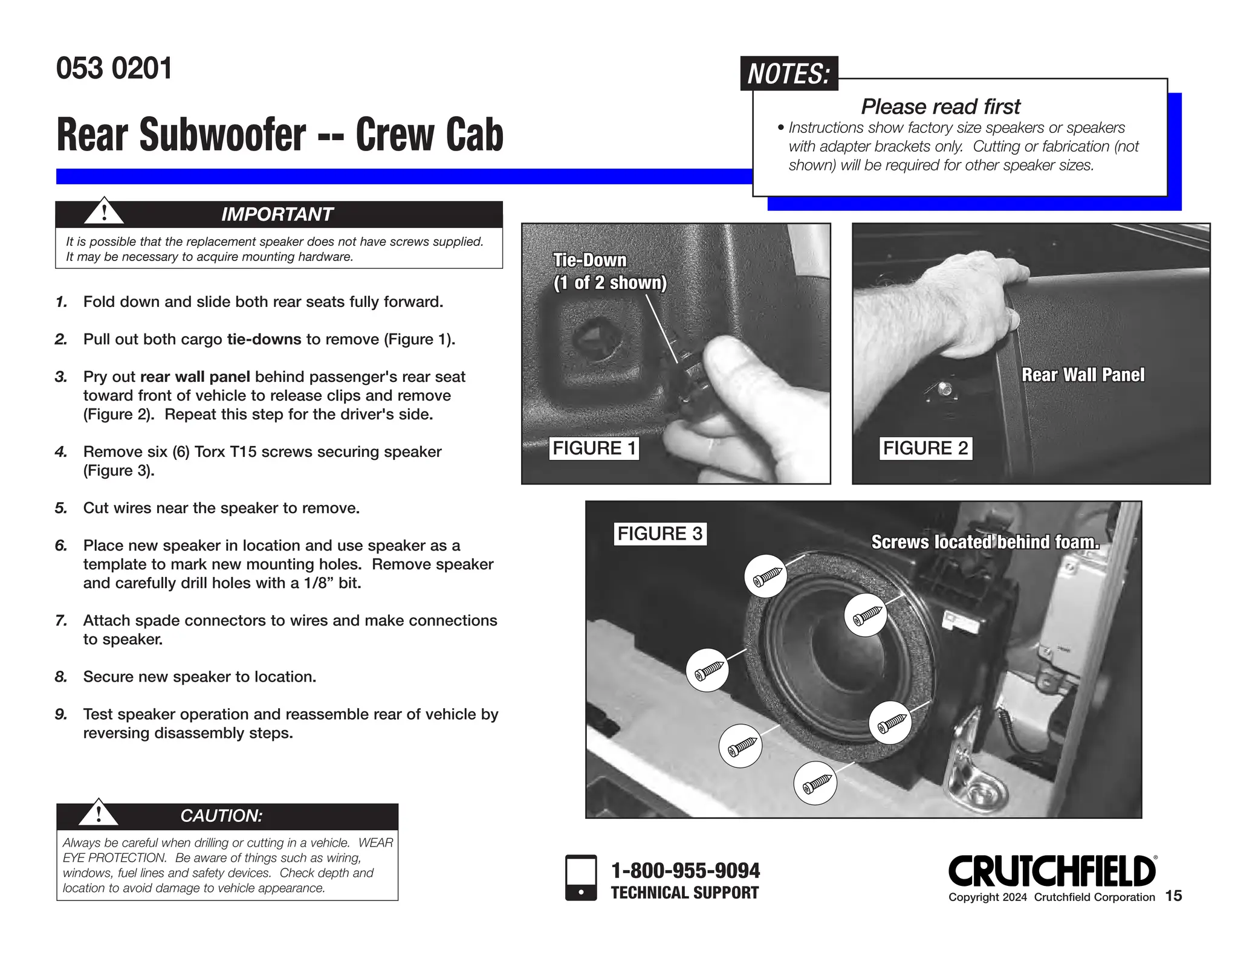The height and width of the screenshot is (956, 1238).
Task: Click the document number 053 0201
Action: [x=114, y=68]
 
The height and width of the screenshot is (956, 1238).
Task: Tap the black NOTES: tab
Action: [x=788, y=74]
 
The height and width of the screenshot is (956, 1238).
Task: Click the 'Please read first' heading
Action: [x=940, y=106]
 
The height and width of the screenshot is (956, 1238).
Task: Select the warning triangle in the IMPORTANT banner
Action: [x=104, y=212]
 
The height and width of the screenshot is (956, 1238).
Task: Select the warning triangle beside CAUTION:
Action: [x=99, y=813]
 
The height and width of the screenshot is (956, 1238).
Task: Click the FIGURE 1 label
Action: [x=594, y=448]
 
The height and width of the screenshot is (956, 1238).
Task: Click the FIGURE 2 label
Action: [x=925, y=448]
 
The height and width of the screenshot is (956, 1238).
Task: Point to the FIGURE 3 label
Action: [x=660, y=534]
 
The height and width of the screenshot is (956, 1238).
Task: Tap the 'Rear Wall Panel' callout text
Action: [x=1083, y=375]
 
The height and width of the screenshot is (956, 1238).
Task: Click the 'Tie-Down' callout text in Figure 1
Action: [x=590, y=260]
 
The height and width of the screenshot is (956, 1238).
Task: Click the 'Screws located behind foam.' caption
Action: [x=985, y=542]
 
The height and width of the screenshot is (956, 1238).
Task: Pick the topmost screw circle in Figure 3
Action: [x=766, y=577]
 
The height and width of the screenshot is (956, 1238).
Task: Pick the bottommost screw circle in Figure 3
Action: [x=815, y=784]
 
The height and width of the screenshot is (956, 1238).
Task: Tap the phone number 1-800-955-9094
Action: [x=685, y=871]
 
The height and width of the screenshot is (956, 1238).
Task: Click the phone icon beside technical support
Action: [x=580, y=877]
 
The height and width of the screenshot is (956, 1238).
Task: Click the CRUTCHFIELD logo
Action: [x=1052, y=871]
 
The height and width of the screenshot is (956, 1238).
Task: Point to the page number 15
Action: [x=1173, y=896]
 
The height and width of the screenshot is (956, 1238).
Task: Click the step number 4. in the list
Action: [x=60, y=452]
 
